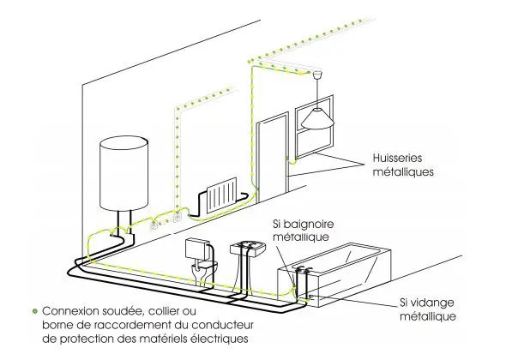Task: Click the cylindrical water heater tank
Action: [123, 173]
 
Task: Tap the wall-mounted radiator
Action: [222, 195]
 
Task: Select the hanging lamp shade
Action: [317, 119]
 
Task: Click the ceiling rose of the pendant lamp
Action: [317, 75]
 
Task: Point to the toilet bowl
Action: [204, 269]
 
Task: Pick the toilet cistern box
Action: [196, 249]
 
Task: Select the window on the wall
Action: [314, 127]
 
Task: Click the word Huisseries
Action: [397, 158]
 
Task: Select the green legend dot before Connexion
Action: [35, 311]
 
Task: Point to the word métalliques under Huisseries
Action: [403, 171]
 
